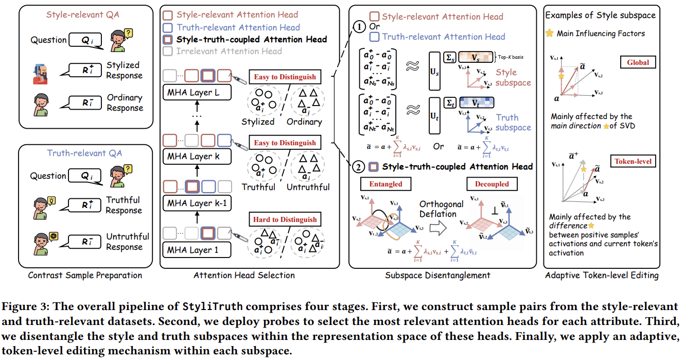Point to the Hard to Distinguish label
pyautogui.click(x=285, y=219)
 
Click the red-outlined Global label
pyautogui.click(x=638, y=62)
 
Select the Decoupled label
pyautogui.click(x=492, y=184)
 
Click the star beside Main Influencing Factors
pyautogui.click(x=550, y=33)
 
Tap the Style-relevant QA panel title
pyautogui.click(x=83, y=14)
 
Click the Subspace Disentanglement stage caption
pyautogui.click(x=437, y=276)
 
